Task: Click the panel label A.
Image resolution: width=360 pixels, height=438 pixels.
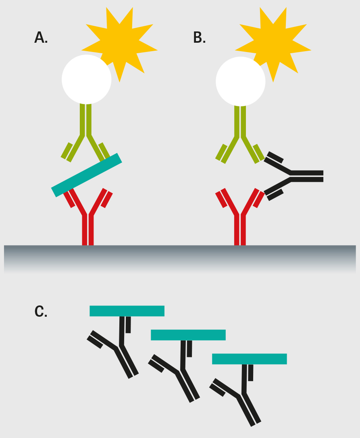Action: click(x=41, y=37)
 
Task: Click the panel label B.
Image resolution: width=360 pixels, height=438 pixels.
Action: click(x=199, y=37)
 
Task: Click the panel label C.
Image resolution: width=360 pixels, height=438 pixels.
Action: click(x=41, y=311)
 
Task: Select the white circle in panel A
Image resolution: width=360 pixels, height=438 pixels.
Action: click(x=86, y=79)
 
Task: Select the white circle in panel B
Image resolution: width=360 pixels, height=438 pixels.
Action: click(x=240, y=81)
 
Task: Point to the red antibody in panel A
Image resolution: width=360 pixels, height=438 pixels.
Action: click(x=88, y=226)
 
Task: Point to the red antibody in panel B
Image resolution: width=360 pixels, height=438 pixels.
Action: click(x=240, y=226)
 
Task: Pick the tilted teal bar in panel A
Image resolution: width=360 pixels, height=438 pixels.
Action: click(x=87, y=175)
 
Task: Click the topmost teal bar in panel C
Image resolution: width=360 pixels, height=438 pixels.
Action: click(x=127, y=311)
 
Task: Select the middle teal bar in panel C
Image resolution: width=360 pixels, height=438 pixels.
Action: click(x=188, y=335)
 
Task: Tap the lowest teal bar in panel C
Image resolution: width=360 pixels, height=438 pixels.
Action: click(x=249, y=359)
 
